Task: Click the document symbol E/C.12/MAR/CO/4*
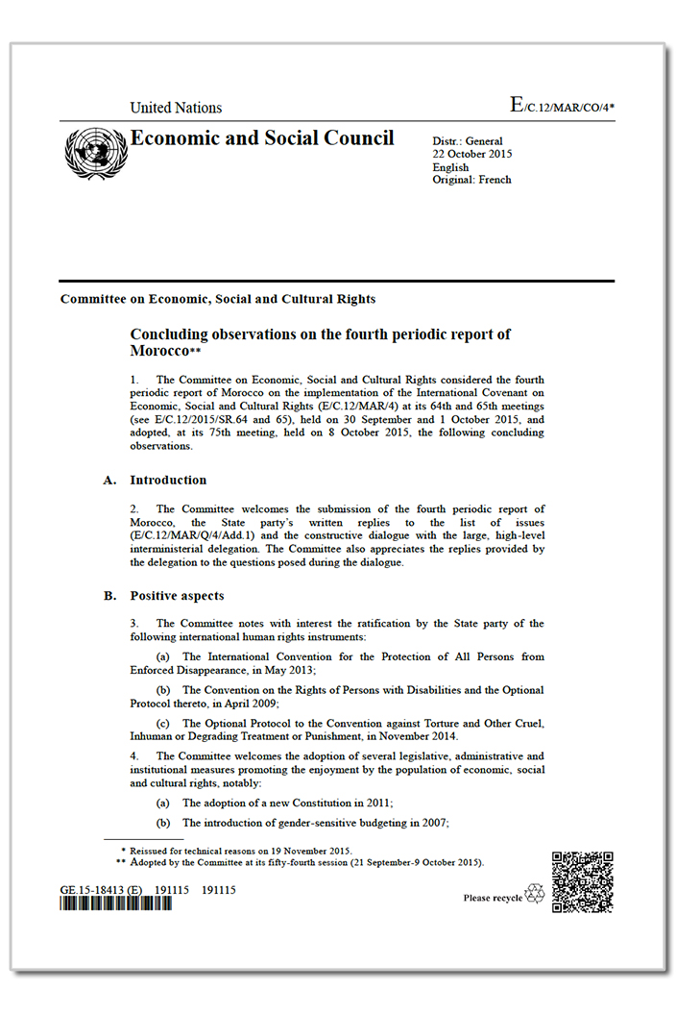562,107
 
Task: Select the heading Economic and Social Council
262,138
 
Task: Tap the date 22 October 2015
472,155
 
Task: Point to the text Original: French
471,180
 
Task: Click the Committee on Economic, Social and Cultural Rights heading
218,299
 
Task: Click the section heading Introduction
168,480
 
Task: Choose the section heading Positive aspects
177,596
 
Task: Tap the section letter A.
109,480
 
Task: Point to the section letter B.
109,596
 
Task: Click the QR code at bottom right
583,881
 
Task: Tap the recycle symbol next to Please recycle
534,894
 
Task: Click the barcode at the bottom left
116,905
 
